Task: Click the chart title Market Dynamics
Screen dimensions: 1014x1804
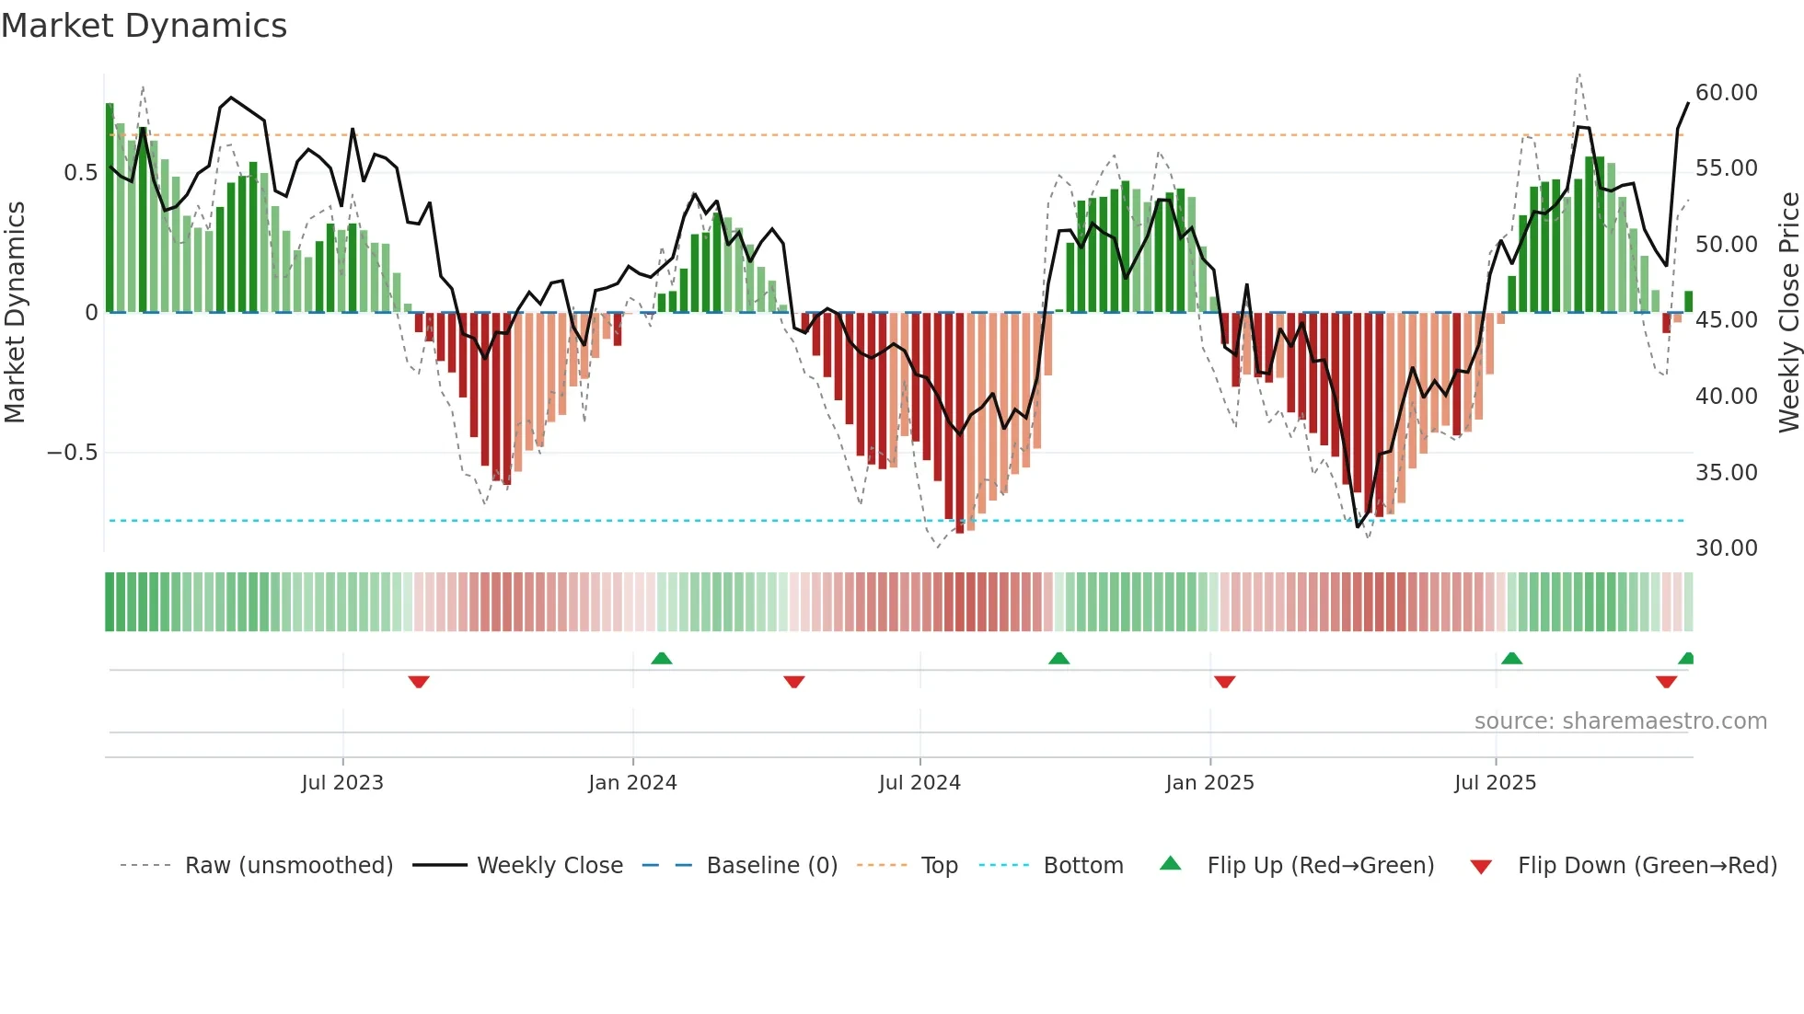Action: pyautogui.click(x=145, y=26)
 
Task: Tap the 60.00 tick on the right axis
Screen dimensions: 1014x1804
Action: pyautogui.click(x=1726, y=93)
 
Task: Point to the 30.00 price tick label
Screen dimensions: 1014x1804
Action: pyautogui.click(x=1726, y=548)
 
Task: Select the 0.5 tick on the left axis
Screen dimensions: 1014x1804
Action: pyautogui.click(x=80, y=173)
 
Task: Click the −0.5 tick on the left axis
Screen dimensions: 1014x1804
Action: pyautogui.click(x=72, y=453)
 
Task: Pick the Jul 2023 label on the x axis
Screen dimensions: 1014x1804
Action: pyautogui.click(x=342, y=783)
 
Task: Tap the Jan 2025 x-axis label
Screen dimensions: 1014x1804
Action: pyautogui.click(x=1209, y=783)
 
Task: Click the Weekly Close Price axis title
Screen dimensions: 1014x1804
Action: pyautogui.click(x=1787, y=313)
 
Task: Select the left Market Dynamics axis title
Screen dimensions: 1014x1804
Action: pyautogui.click(x=15, y=313)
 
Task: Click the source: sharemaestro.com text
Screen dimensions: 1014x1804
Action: pyautogui.click(x=1620, y=721)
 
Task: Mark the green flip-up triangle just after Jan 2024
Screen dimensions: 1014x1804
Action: pyautogui.click(x=661, y=658)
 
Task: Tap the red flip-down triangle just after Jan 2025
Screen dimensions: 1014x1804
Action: pyautogui.click(x=1224, y=682)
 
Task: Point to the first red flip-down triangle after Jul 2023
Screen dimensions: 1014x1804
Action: pyautogui.click(x=419, y=682)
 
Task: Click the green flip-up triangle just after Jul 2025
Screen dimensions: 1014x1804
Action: pyautogui.click(x=1511, y=658)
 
